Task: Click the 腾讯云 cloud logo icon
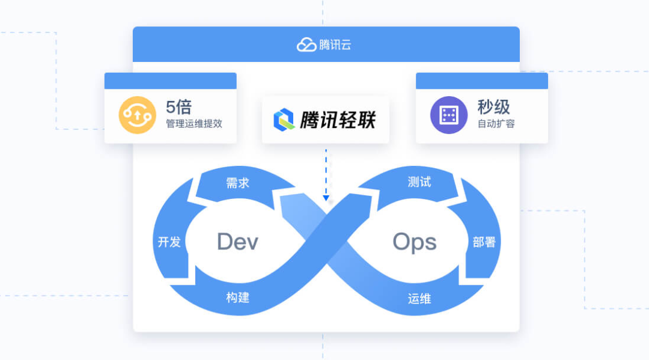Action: [306, 44]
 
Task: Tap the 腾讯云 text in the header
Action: [335, 44]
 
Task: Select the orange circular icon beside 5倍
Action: [137, 115]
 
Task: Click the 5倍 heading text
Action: [178, 107]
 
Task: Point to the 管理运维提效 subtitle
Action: [194, 124]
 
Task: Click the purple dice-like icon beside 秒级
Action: [448, 115]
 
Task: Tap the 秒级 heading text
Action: [494, 107]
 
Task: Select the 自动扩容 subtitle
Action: [496, 124]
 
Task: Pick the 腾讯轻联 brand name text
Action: [338, 120]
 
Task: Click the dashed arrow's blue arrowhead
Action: [326, 198]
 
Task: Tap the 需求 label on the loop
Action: [238, 183]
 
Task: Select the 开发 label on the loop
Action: [169, 242]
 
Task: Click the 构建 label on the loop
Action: [238, 297]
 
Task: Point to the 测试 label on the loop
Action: [419, 182]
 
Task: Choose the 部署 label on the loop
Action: [484, 242]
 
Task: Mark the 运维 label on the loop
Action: [419, 298]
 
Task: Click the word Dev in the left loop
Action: [237, 242]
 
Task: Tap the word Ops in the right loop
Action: [414, 242]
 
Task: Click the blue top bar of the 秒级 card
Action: [481, 81]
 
